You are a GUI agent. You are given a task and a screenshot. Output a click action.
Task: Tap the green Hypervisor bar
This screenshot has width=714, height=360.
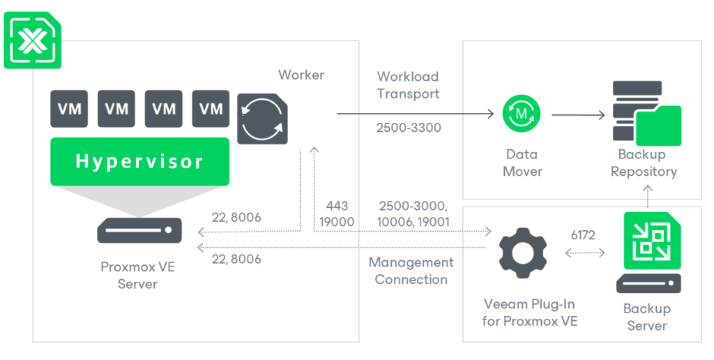click(139, 161)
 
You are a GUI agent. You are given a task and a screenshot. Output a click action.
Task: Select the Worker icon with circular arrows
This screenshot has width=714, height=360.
click(262, 118)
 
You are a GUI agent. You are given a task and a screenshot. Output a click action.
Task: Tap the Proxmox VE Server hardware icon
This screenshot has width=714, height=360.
click(139, 230)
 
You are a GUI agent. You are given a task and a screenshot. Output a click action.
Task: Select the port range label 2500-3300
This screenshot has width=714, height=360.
click(408, 128)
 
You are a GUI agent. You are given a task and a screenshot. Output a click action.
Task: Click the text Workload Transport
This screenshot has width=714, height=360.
click(408, 85)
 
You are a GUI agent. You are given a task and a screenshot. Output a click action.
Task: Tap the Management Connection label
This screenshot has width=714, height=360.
click(411, 271)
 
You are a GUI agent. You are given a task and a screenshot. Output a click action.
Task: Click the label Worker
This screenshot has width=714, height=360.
click(301, 75)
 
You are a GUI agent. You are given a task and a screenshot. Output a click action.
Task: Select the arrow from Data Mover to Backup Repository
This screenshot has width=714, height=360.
click(578, 114)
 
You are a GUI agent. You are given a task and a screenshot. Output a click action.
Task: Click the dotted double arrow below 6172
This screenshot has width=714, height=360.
click(584, 253)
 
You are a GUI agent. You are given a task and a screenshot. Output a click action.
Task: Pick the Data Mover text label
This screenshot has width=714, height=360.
click(522, 163)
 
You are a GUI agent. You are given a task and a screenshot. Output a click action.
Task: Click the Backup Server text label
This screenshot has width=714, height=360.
click(646, 317)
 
